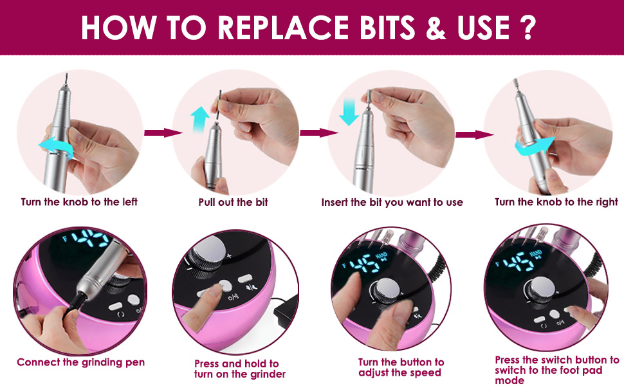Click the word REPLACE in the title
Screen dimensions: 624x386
(x=282, y=28)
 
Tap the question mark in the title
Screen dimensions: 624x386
(x=528, y=28)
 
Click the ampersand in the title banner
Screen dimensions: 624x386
(x=436, y=28)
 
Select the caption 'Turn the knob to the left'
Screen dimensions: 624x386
(x=79, y=202)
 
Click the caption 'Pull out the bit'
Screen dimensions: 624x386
(x=234, y=202)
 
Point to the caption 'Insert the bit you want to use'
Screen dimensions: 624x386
(x=392, y=203)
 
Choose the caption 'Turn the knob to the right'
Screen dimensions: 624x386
(x=556, y=202)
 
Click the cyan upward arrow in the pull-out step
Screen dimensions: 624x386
(x=200, y=120)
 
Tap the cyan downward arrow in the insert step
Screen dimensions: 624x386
(x=349, y=112)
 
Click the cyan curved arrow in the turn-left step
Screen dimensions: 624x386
(x=56, y=145)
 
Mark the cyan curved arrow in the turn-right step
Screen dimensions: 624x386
(x=535, y=145)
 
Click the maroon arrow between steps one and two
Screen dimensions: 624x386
(x=163, y=133)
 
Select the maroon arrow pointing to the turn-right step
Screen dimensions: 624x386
(x=475, y=134)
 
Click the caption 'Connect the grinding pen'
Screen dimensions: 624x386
(x=80, y=363)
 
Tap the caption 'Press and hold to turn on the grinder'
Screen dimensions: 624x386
(x=239, y=369)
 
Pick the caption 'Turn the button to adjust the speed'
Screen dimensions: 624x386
(x=401, y=367)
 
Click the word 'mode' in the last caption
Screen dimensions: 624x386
(x=509, y=380)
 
